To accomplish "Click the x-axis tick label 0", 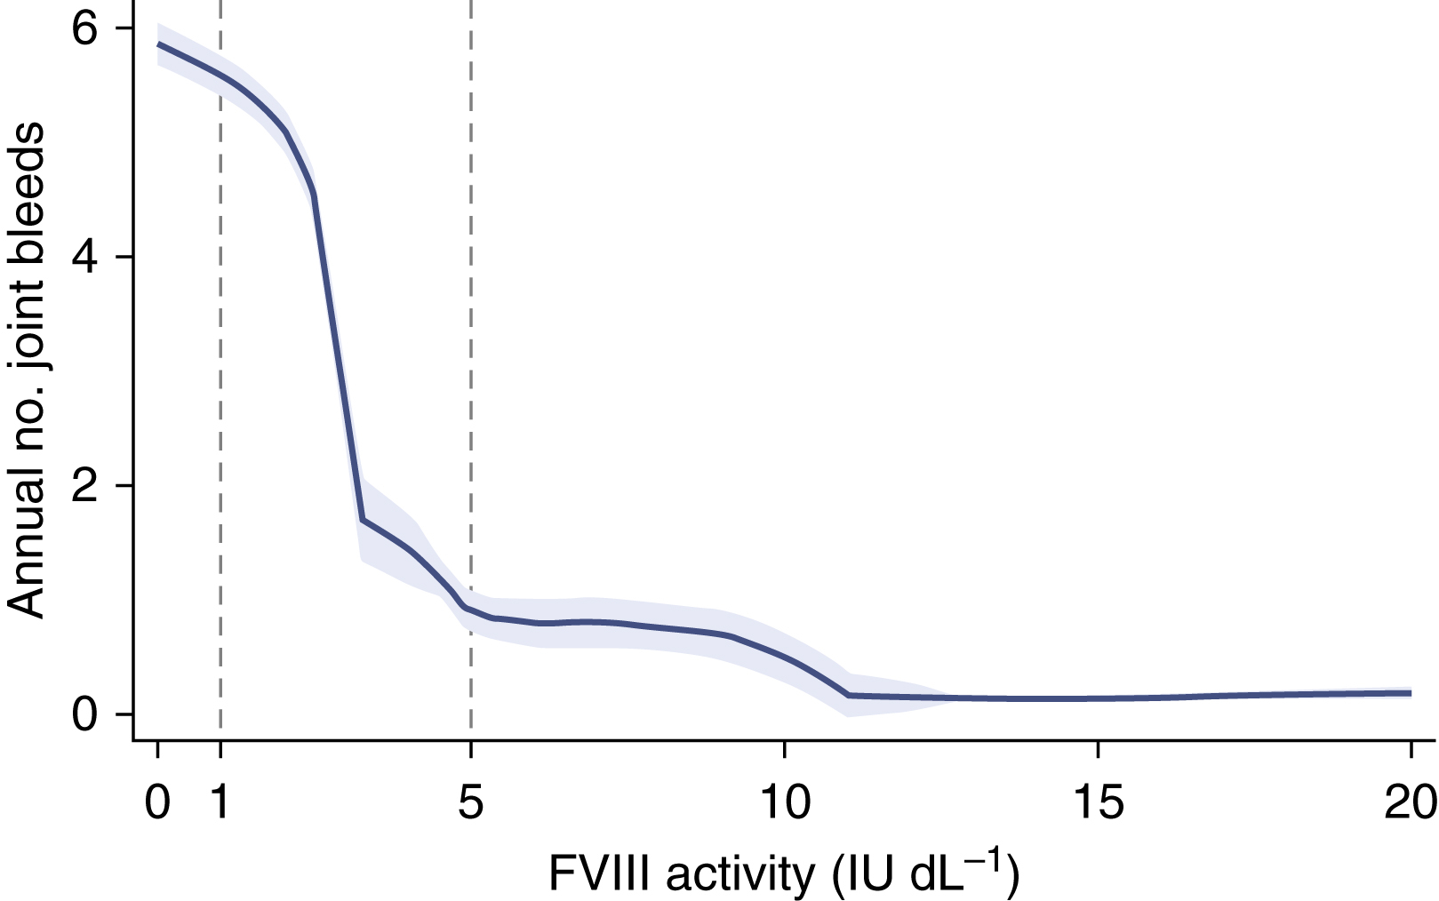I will point(157,803).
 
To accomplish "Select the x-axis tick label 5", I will point(470,803).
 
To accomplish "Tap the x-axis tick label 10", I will point(785,803).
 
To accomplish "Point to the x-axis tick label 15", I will point(1099,803).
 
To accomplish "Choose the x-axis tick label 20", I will point(1411,803).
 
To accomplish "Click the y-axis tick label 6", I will point(84,29).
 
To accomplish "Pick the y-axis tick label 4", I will point(84,258).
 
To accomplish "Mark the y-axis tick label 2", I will point(84,486).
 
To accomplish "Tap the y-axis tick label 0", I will point(84,714).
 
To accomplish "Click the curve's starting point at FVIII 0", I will point(158,44).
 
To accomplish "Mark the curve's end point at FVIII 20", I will point(1410,693).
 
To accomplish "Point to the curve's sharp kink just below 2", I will point(362,519).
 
